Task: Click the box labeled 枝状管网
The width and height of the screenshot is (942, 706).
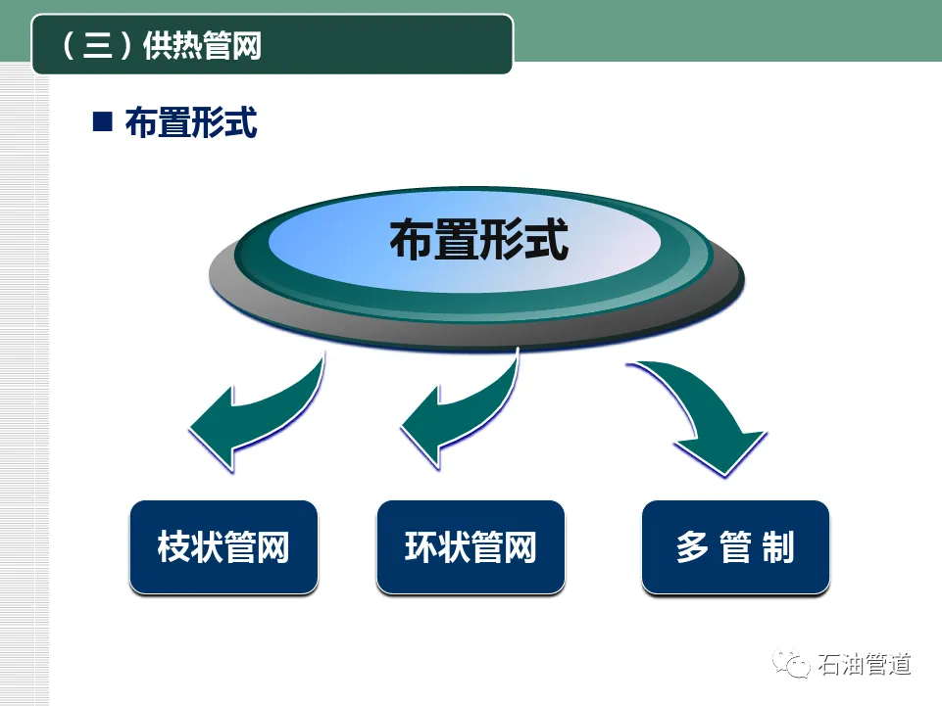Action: [x=223, y=546]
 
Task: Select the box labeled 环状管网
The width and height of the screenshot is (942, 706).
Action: [x=471, y=546]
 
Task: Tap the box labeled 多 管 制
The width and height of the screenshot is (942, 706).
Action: [x=735, y=546]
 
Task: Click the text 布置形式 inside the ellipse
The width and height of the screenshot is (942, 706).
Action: [x=478, y=241]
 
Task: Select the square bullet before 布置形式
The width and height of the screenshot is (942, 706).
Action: [x=101, y=121]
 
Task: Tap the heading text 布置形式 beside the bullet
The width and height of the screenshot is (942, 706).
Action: [x=191, y=122]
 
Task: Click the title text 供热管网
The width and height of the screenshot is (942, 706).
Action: [x=202, y=45]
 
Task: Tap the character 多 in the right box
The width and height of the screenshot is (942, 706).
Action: [x=691, y=547]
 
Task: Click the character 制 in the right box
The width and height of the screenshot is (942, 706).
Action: [x=777, y=547]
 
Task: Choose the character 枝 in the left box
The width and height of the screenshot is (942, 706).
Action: [x=174, y=547]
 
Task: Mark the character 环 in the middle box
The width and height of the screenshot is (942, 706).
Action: [x=421, y=547]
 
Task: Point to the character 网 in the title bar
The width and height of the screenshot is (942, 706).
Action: [x=247, y=45]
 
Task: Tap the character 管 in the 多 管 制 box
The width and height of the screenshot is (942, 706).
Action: [x=735, y=547]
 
